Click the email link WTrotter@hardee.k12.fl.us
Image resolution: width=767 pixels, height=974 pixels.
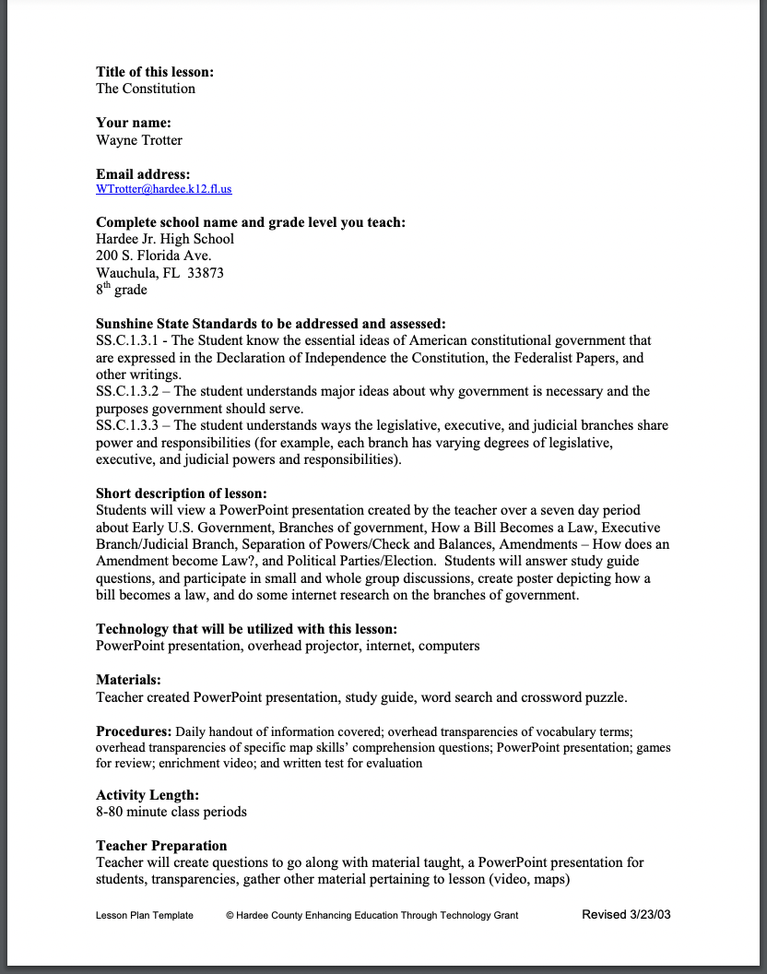point(164,189)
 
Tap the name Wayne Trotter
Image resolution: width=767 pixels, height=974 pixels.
point(139,140)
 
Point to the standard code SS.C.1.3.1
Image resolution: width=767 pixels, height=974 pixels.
point(128,341)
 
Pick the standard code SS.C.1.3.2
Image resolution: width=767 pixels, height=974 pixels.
point(128,392)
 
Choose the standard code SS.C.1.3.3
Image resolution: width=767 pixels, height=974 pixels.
point(128,426)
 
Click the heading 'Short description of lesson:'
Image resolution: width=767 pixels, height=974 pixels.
point(182,493)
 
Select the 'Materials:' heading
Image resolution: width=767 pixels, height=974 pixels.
point(128,681)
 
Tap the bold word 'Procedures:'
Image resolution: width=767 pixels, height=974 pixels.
point(134,731)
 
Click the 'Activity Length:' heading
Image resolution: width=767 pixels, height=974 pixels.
point(147,795)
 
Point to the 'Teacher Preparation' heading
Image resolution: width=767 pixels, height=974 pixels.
point(161,846)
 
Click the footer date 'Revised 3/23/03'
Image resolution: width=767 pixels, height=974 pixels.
point(626,914)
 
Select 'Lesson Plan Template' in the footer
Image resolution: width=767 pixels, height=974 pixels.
point(145,915)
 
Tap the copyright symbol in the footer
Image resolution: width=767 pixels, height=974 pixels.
point(230,915)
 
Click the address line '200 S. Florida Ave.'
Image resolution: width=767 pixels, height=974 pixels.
point(154,255)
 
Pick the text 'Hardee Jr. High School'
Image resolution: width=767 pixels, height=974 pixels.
point(165,239)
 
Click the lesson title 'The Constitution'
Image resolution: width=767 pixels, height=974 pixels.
point(146,89)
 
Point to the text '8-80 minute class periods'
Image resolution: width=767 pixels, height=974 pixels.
point(171,812)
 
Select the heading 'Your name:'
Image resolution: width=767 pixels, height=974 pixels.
point(134,123)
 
